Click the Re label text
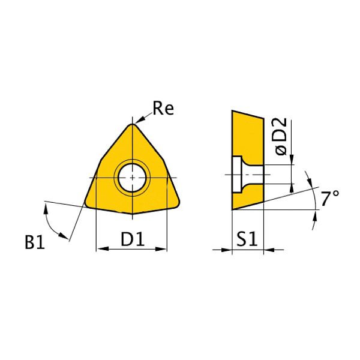click(x=163, y=109)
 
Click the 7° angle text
click(x=329, y=199)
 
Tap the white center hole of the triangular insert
click(x=131, y=178)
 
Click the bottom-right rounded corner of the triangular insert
click(x=176, y=203)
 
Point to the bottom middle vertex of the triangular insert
click(x=132, y=214)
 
